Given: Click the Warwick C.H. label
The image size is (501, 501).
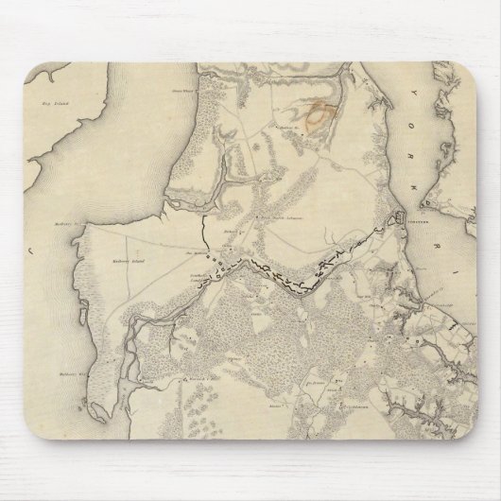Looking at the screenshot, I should point(224,371).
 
